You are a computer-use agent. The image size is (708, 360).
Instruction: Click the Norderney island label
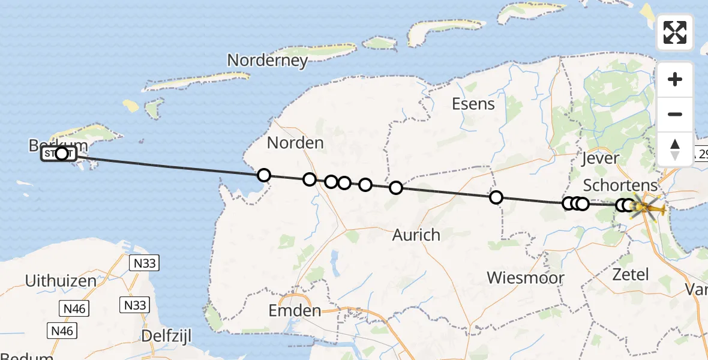point(268,60)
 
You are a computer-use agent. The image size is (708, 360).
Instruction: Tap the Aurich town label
point(416,235)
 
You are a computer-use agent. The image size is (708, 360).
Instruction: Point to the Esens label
point(473,104)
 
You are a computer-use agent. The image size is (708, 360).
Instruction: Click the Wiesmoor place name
point(526,278)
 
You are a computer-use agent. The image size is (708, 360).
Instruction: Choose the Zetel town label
point(631,275)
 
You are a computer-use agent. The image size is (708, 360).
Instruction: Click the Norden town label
point(295,143)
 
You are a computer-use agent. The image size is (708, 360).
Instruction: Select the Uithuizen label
point(61,280)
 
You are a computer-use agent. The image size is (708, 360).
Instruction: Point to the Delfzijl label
point(166,335)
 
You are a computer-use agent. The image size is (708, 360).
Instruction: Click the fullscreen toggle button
point(675,32)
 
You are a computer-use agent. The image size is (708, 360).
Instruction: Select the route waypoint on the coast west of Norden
point(263,175)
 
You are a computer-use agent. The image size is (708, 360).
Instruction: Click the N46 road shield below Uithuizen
point(74,309)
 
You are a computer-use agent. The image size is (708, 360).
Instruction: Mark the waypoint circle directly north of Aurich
point(396,188)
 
